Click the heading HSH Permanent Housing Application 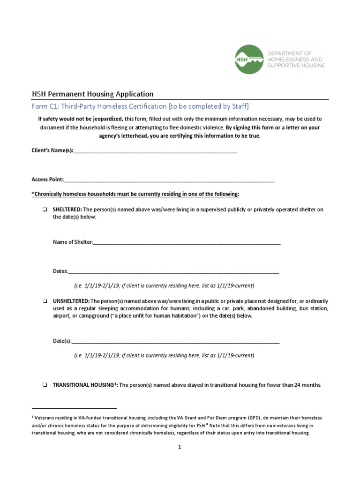coord(92,94)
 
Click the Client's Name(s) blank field coord(155,151)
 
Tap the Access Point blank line coord(169,180)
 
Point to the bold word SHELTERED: coord(67,210)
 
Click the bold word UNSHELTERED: coord(71,300)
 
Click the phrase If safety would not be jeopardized coord(81,119)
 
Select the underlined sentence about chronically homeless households coord(135,194)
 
